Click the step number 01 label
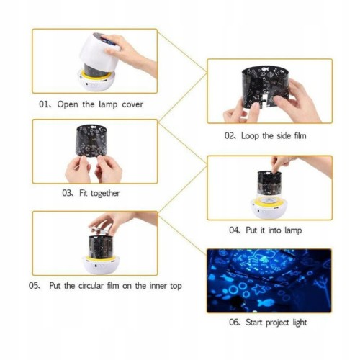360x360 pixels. point(43,104)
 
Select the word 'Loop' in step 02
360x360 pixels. point(250,136)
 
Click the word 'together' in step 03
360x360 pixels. point(105,194)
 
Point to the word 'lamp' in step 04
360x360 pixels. point(293,230)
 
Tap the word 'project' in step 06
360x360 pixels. point(278,323)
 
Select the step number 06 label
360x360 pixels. point(233,322)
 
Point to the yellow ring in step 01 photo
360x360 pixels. point(96,75)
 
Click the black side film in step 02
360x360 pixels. point(264,86)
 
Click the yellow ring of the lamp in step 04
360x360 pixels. point(269,202)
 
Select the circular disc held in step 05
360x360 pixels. point(100,230)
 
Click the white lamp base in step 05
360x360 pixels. point(101,265)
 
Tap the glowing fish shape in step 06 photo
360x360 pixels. point(266,302)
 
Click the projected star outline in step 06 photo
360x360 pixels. point(258,289)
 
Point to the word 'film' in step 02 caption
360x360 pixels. point(300,136)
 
